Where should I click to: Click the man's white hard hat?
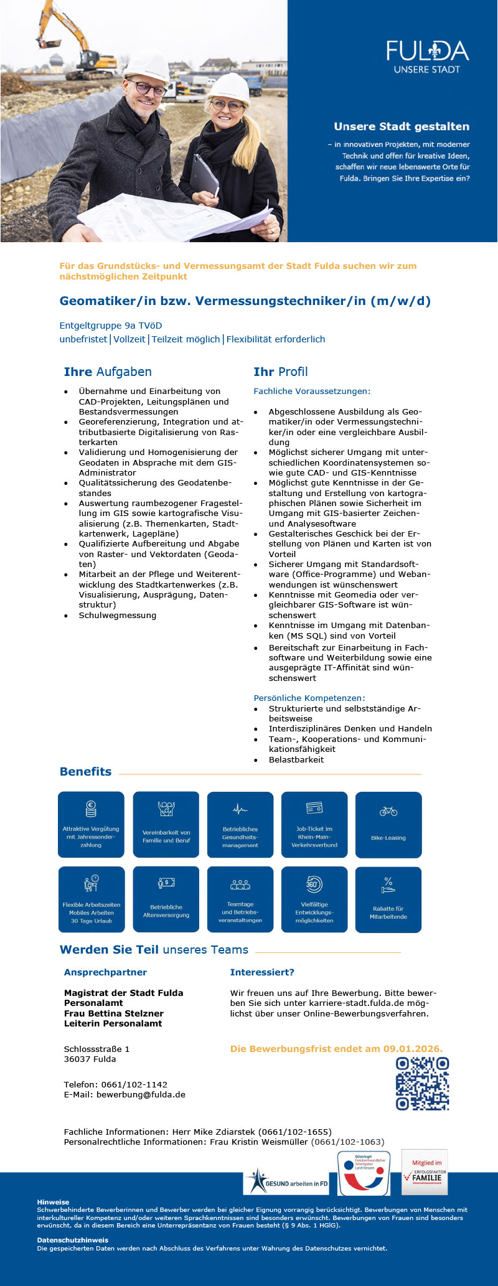point(146,66)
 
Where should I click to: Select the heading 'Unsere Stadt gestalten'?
point(402,126)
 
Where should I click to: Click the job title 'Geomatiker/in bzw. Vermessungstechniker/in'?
point(245,301)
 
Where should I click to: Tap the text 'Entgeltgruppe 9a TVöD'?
point(111,326)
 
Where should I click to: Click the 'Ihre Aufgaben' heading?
point(108,372)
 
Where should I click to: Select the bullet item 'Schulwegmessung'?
point(118,615)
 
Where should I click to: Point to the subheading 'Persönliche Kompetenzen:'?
point(309,698)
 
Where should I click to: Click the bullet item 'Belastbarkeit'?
point(296,759)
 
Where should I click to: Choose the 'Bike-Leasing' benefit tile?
point(388,825)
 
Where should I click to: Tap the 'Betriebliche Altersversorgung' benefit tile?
point(166,899)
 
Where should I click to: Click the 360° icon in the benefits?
point(314,884)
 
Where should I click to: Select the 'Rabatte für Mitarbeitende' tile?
point(388,899)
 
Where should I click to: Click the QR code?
point(423,1084)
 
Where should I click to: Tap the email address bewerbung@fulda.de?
point(141,1095)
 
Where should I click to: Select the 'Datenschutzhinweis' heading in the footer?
point(73,1240)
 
